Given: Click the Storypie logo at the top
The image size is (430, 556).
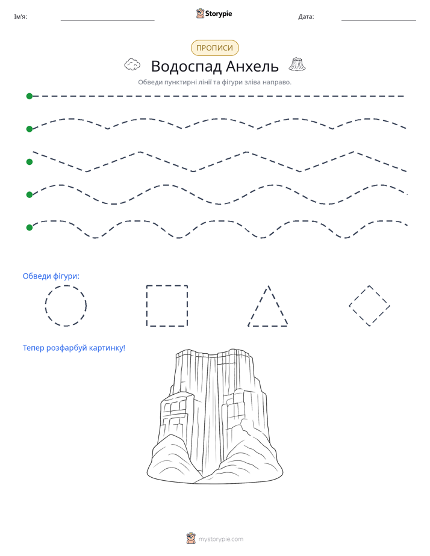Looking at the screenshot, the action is [214, 13].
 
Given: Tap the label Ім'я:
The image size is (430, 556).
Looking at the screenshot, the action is [20, 17].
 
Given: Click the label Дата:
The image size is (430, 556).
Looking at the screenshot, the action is [306, 17].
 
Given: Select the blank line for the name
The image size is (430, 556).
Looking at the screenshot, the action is [107, 20].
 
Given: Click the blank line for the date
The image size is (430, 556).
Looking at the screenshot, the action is [379, 20].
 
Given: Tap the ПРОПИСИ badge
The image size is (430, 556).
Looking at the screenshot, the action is [214, 48].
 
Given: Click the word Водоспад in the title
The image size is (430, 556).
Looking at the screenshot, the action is [187, 66].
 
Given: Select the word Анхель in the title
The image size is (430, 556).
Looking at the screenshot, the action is [252, 66].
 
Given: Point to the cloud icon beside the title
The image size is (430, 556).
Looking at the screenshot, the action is [132, 64].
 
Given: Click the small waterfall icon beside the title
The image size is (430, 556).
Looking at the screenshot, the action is [297, 64].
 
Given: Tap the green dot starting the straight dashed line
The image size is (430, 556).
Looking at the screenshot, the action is [30, 96].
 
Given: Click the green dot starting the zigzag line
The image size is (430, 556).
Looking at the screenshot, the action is [30, 162].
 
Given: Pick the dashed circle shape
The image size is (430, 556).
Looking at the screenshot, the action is [66, 285].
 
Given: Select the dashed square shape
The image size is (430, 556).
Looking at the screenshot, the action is [167, 285].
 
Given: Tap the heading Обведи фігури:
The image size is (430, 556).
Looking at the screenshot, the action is [51, 276].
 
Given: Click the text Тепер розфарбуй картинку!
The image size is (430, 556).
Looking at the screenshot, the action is [74, 348].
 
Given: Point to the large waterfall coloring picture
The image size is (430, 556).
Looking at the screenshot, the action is [215, 416].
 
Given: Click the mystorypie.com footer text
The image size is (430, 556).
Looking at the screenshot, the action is [220, 539].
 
